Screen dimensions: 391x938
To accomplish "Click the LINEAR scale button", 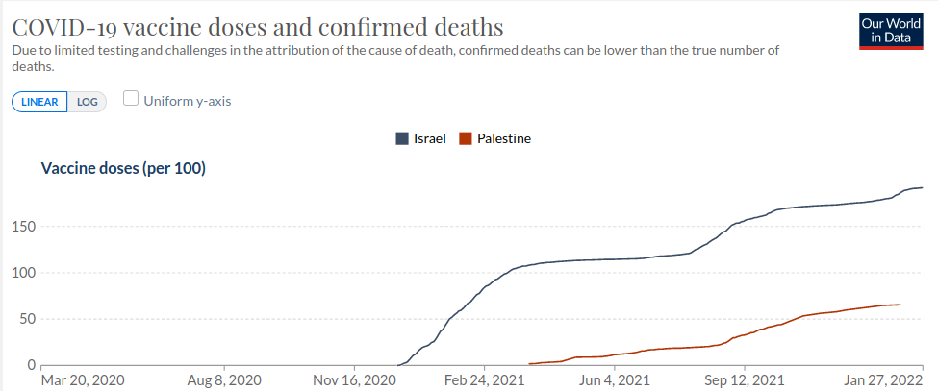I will click(x=39, y=101).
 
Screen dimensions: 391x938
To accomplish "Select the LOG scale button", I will click(x=88, y=101).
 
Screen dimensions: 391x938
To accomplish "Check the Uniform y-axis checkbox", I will click(x=131, y=99).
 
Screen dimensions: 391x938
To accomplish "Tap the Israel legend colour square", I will click(x=401, y=138).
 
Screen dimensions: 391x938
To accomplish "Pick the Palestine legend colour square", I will click(x=466, y=138).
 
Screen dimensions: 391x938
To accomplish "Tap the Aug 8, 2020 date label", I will click(x=223, y=380).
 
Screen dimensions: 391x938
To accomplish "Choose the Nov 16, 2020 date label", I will click(x=355, y=380).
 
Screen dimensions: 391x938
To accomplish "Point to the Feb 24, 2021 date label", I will click(x=485, y=380).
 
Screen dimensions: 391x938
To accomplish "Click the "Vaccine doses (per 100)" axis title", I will click(x=123, y=169).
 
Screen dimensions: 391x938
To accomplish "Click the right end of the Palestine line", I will click(x=900, y=305).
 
